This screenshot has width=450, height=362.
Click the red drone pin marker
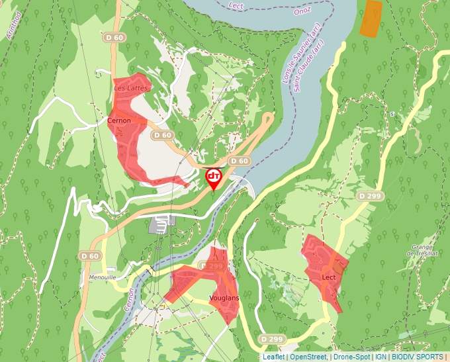(214, 177)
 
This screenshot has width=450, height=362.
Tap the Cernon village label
(119, 121)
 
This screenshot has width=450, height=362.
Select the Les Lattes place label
(128, 87)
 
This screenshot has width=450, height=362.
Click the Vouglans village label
(224, 298)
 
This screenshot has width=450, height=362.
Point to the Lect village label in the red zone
(329, 277)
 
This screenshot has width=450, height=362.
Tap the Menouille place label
(102, 277)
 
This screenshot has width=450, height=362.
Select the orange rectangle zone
(371, 18)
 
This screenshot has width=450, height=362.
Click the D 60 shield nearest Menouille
(90, 256)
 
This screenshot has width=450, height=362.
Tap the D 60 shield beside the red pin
(239, 161)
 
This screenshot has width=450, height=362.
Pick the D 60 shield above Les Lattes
(114, 38)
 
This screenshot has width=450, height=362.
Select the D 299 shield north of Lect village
(371, 197)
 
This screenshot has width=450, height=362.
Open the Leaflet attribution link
(273, 357)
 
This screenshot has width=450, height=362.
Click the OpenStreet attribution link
(308, 357)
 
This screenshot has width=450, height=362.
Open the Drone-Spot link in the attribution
(351, 357)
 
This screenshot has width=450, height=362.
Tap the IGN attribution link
(381, 357)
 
